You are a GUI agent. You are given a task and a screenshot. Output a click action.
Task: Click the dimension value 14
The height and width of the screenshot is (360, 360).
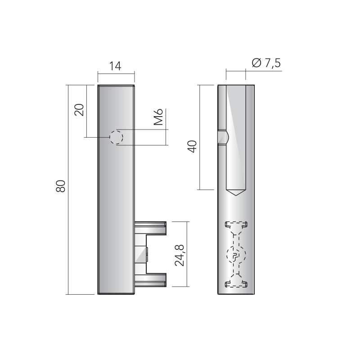(x=116, y=66)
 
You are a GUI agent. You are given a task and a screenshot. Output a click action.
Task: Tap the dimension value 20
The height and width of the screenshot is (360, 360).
(x=79, y=110)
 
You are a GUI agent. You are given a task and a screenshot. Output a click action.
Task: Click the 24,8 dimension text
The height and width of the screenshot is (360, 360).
(x=180, y=254)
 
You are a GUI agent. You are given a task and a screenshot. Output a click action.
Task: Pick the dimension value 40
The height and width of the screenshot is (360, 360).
(x=192, y=147)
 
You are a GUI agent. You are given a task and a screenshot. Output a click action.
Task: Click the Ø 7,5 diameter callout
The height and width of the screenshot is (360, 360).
(x=266, y=63)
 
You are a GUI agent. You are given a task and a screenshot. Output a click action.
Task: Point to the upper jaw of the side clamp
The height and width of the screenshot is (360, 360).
(x=151, y=227)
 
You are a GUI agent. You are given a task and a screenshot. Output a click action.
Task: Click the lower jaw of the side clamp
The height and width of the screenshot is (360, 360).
(x=151, y=280)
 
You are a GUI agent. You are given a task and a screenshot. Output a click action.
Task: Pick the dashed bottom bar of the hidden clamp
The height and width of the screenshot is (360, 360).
(x=236, y=283)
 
